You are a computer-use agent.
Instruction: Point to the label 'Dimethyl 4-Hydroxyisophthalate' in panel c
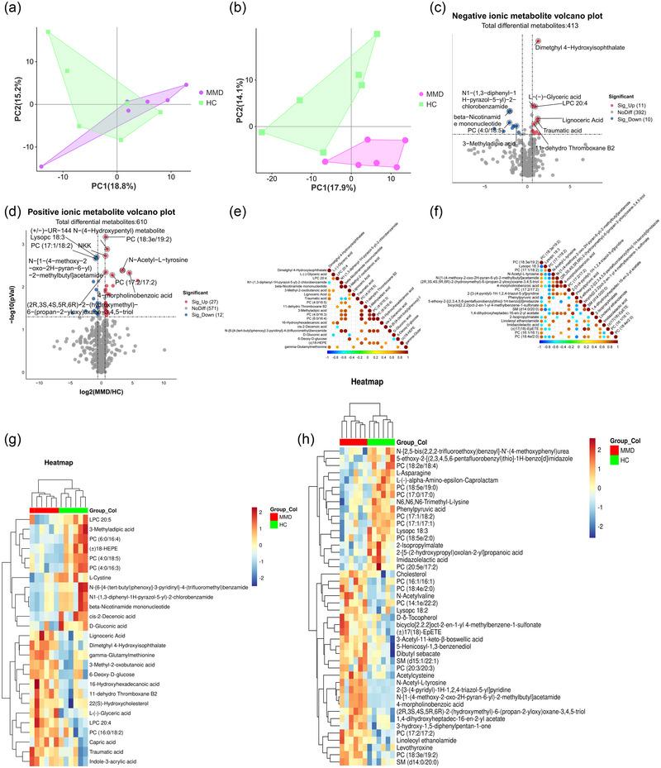[587, 47]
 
